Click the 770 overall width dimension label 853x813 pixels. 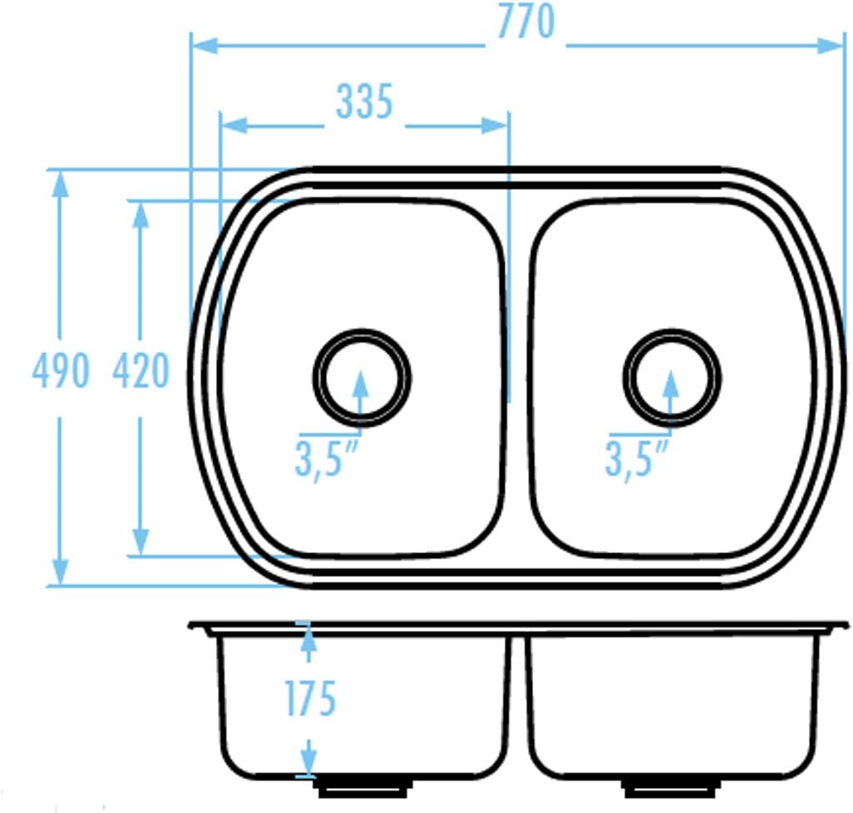click(526, 22)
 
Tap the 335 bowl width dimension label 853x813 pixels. click(364, 102)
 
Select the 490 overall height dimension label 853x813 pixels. click(61, 370)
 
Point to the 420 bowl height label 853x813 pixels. click(141, 370)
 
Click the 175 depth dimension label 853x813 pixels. click(311, 699)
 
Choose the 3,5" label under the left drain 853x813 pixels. click(327, 459)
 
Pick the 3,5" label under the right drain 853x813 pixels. click(637, 459)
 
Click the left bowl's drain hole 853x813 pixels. click(362, 377)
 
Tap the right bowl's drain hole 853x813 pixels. click(672, 377)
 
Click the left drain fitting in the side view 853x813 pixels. click(362, 787)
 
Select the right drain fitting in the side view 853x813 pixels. click(673, 787)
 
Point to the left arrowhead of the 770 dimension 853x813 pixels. click(205, 46)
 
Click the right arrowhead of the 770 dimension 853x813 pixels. click(831, 46)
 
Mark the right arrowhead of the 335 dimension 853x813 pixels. click(495, 126)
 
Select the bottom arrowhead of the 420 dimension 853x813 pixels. click(141, 542)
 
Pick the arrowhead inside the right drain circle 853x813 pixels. click(671, 384)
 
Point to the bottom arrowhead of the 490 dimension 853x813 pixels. click(61, 572)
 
